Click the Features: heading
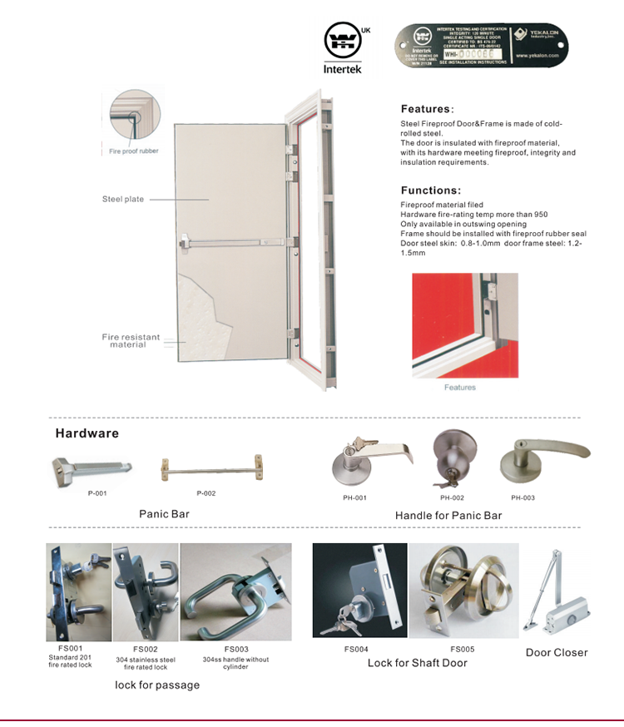tap(427, 109)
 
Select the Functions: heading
tap(430, 190)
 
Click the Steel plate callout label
tap(123, 200)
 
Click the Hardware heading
tap(87, 433)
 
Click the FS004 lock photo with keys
tap(359, 591)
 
